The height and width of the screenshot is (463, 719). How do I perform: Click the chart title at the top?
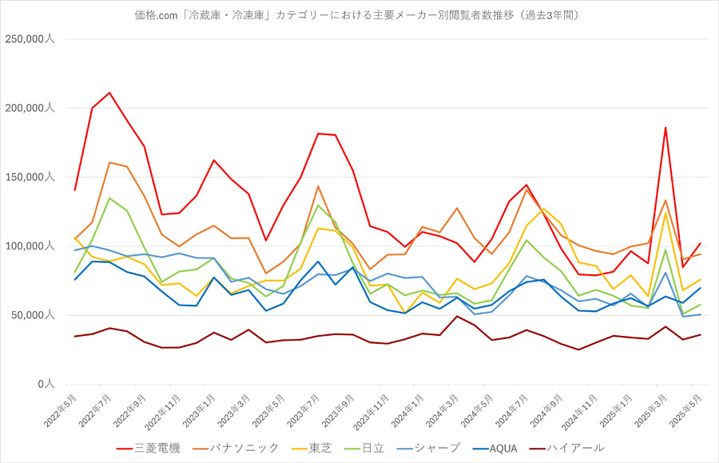pyautogui.click(x=357, y=15)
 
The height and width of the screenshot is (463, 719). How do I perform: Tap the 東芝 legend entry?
pyautogui.click(x=312, y=448)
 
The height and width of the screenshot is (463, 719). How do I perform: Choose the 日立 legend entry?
pyautogui.click(x=364, y=448)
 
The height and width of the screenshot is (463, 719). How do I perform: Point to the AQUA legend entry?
pyautogui.click(x=495, y=449)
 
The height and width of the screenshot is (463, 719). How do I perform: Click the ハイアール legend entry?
pyautogui.click(x=566, y=448)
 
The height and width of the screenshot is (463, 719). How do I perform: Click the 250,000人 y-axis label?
pyautogui.click(x=30, y=39)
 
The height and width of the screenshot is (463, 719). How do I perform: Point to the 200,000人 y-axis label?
pyautogui.click(x=30, y=108)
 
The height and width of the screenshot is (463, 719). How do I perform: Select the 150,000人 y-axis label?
pyautogui.click(x=30, y=178)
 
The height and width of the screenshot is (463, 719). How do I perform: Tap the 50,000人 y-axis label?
pyautogui.click(x=33, y=315)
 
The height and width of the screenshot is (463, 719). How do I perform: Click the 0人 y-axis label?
pyautogui.click(x=46, y=384)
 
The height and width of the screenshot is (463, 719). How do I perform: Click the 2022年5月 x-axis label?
pyautogui.click(x=60, y=411)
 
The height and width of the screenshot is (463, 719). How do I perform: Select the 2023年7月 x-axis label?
pyautogui.click(x=304, y=411)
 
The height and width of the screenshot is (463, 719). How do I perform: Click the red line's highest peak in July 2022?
pyautogui.click(x=109, y=93)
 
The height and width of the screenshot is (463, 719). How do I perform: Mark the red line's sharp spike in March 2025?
pyautogui.click(x=665, y=128)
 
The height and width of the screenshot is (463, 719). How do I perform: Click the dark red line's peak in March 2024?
pyautogui.click(x=457, y=316)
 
